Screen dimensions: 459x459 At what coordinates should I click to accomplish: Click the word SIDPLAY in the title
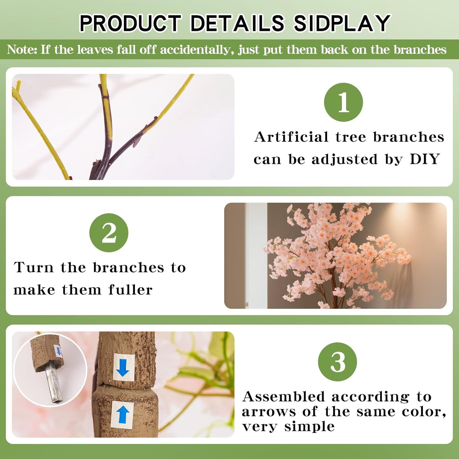point(341,23)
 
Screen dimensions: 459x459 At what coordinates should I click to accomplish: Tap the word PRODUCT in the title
point(130,23)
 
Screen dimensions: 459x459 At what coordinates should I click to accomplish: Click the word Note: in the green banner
point(22,50)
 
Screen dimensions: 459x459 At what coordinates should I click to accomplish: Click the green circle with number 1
point(343,102)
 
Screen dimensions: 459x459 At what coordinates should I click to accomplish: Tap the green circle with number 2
point(109,233)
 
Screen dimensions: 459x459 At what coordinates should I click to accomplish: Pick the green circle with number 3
point(338,362)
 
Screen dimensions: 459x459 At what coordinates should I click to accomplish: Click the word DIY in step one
point(425,159)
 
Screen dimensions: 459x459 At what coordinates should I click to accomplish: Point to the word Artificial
point(291,137)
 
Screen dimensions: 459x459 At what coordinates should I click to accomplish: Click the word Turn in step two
point(34,267)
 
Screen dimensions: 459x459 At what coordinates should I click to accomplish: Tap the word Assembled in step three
point(283,397)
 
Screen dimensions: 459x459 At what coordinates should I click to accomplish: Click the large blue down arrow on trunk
point(123,367)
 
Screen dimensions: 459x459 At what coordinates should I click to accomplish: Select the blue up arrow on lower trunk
point(123,415)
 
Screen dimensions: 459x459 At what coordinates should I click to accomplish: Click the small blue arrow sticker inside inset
point(58,351)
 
